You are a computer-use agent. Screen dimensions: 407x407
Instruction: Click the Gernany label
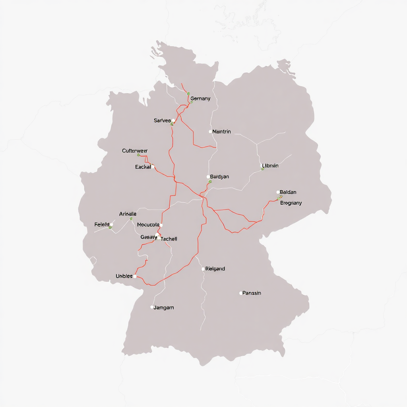click(200, 99)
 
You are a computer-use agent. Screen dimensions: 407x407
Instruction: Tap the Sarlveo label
click(162, 120)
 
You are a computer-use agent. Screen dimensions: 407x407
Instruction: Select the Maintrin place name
click(221, 132)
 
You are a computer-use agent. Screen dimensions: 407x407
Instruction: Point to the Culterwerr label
click(135, 151)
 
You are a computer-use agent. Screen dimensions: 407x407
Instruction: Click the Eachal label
click(143, 167)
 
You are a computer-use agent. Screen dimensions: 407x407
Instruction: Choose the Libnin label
click(270, 166)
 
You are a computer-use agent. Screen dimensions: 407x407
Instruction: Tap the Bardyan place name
click(219, 177)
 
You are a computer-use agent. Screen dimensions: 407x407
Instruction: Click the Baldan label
click(288, 192)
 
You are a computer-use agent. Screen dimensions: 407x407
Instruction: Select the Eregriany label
click(291, 203)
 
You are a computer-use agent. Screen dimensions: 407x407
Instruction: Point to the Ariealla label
click(128, 214)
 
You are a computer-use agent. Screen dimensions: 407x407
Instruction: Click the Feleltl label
click(102, 225)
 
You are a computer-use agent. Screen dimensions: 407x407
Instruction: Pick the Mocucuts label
click(148, 225)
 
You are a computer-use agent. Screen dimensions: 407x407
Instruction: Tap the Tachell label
click(169, 239)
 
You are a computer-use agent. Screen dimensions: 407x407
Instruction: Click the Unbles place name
click(124, 276)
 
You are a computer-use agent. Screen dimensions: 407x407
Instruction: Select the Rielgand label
click(215, 269)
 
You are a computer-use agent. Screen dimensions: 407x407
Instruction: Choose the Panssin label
click(252, 293)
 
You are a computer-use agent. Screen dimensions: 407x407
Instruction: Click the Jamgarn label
click(164, 308)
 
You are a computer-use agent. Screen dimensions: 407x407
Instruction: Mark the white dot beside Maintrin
click(210, 132)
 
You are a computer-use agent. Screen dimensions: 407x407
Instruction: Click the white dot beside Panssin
click(241, 293)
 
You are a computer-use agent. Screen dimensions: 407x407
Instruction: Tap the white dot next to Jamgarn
click(152, 307)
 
